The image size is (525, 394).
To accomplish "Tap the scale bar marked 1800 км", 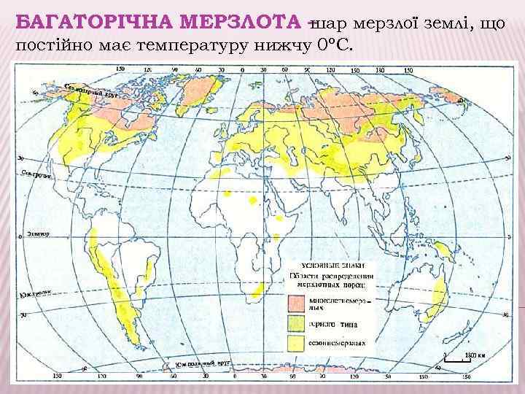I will (x=452, y=358).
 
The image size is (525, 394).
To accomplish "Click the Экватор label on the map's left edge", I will (x=38, y=234).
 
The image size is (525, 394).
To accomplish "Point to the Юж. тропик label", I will (x=34, y=295).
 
